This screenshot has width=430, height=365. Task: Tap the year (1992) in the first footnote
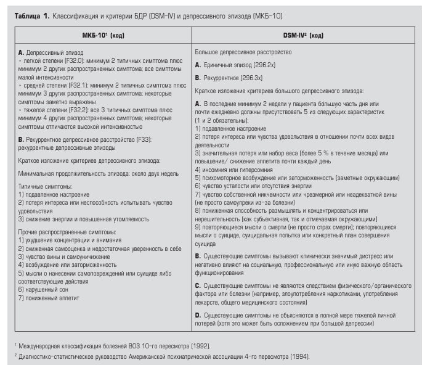pyautogui.click(x=199, y=346)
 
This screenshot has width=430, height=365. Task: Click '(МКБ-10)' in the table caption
pyautogui.click(x=268, y=15)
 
